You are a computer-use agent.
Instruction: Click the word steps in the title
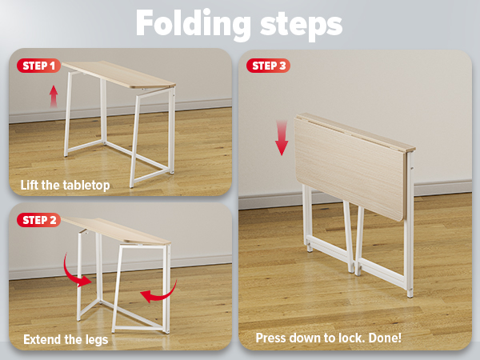300,25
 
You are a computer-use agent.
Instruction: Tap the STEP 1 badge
38,66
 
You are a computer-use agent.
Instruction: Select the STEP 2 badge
38,220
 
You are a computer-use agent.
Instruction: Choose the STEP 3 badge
268,66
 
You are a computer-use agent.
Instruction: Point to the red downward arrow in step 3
281,138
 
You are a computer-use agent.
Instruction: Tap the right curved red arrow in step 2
158,295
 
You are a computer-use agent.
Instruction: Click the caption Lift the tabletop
66,186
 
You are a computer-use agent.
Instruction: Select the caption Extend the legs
66,339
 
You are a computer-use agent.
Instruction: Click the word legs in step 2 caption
94,340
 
